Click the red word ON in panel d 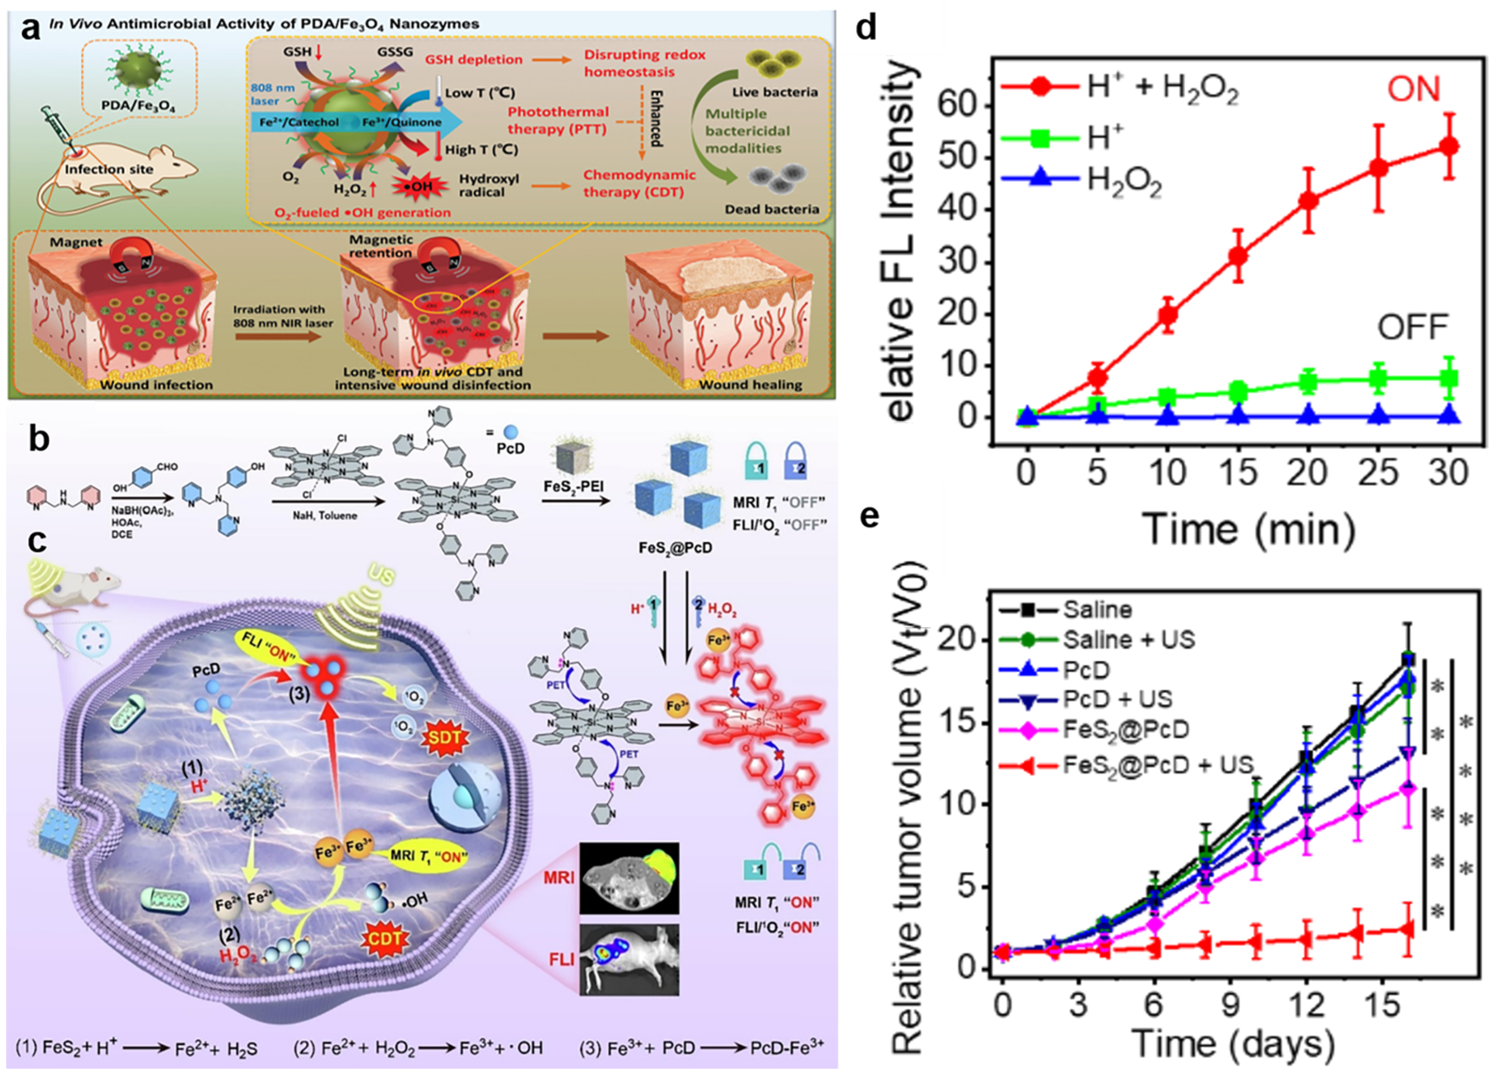[1414, 89]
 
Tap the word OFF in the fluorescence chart [1413, 327]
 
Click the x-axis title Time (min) [1249, 529]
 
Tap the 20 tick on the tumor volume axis [960, 641]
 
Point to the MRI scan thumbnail [628, 878]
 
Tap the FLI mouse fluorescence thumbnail [628, 958]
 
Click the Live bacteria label [775, 92]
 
